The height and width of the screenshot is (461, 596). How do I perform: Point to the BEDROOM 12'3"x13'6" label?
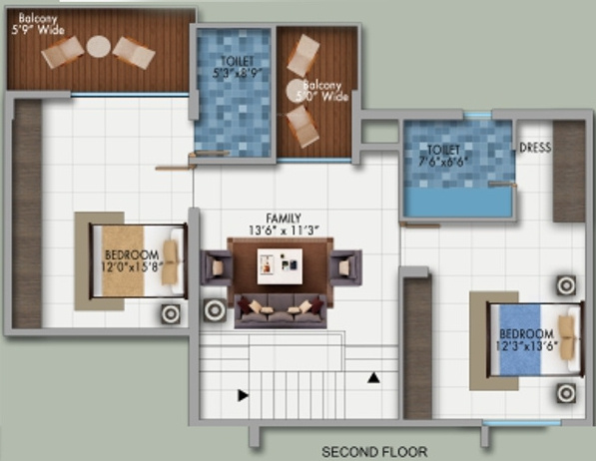point(526,339)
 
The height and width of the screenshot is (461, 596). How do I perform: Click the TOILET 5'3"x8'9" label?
point(233,66)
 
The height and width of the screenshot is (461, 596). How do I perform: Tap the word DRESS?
point(535,148)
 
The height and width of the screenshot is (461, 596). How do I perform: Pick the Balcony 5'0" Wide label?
point(324,91)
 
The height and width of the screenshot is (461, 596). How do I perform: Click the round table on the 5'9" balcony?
point(99,46)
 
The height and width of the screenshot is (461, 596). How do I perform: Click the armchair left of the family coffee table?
point(217,265)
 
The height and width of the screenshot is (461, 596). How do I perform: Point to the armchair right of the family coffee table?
point(345,266)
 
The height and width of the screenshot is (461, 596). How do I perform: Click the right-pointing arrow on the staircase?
point(243,395)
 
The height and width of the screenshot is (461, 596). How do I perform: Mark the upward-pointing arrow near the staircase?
point(372,377)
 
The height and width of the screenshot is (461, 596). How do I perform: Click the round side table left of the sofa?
point(214,310)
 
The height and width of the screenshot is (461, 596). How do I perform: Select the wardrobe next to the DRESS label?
point(570,171)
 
